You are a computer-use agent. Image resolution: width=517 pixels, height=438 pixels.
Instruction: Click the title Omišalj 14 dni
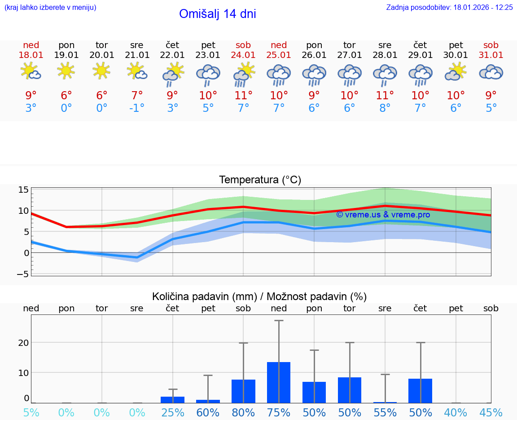(217, 14)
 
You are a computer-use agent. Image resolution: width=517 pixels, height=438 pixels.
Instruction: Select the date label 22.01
(172, 55)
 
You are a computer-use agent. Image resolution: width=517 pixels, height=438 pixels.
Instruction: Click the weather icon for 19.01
(66, 71)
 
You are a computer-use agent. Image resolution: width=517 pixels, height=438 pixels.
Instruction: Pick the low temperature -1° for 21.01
(137, 108)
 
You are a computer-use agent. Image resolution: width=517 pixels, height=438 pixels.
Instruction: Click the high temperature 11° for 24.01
(243, 96)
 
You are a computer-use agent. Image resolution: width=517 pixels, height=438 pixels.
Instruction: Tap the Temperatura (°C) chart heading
(260, 180)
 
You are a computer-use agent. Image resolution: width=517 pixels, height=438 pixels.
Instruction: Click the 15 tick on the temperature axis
(23, 190)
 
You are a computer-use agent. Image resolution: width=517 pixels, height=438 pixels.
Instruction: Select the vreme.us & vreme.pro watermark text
(383, 215)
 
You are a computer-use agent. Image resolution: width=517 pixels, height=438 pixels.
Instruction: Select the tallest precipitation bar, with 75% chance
(279, 382)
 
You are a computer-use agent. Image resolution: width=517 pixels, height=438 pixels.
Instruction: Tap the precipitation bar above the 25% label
(172, 399)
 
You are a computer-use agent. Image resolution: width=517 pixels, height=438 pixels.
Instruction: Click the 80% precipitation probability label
(243, 412)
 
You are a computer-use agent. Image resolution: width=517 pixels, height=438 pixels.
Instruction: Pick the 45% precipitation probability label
(491, 412)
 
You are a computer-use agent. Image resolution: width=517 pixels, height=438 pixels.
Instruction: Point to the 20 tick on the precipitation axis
(23, 343)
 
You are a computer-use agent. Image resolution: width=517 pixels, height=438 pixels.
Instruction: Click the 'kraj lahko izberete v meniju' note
(50, 8)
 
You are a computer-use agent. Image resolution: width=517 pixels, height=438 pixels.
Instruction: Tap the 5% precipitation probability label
(31, 412)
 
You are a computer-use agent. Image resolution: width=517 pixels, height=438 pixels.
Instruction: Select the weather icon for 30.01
(456, 72)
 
